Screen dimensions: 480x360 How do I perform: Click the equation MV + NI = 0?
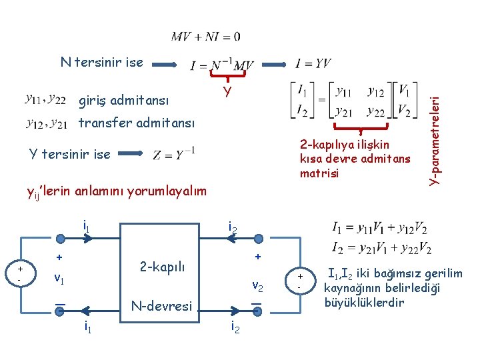coord(205,36)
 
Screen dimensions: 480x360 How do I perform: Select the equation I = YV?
coord(313,64)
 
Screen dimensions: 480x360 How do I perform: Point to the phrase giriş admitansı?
coord(123,101)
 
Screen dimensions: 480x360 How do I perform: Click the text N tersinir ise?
coord(101,63)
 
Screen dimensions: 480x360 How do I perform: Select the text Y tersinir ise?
coord(69,154)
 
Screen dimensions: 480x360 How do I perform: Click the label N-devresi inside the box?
coord(161,307)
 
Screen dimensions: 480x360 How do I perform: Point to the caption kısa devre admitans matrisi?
coord(356,159)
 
